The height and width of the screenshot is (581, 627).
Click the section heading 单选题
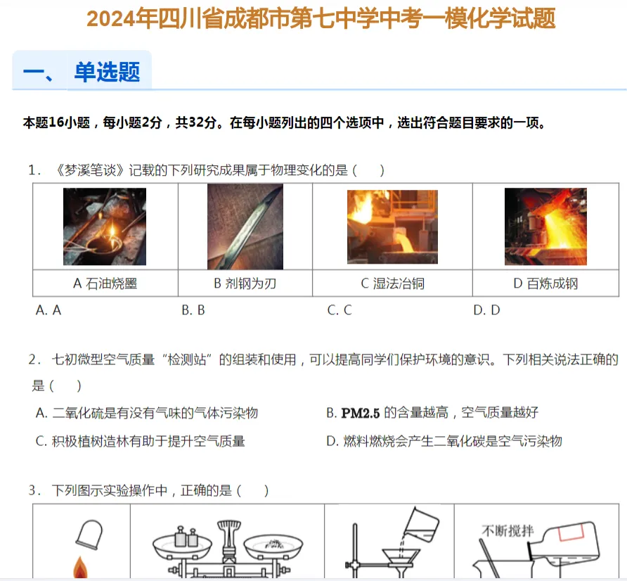click(107, 72)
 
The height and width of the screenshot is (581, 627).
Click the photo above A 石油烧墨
click(105, 227)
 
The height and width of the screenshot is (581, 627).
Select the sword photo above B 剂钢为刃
click(245, 226)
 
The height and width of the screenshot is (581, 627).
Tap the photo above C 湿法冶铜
click(392, 227)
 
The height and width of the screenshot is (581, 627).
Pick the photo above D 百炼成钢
click(545, 227)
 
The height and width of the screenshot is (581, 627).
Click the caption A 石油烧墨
click(105, 283)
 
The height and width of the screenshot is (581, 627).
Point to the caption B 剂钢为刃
click(245, 283)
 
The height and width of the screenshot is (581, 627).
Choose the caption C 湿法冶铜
click(392, 283)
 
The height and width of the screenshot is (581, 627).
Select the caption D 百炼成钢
click(545, 283)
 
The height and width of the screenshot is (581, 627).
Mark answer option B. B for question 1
click(193, 310)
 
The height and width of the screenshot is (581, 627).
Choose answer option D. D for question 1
click(486, 310)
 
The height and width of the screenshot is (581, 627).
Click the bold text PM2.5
click(361, 413)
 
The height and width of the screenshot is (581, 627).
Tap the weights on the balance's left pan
click(183, 536)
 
